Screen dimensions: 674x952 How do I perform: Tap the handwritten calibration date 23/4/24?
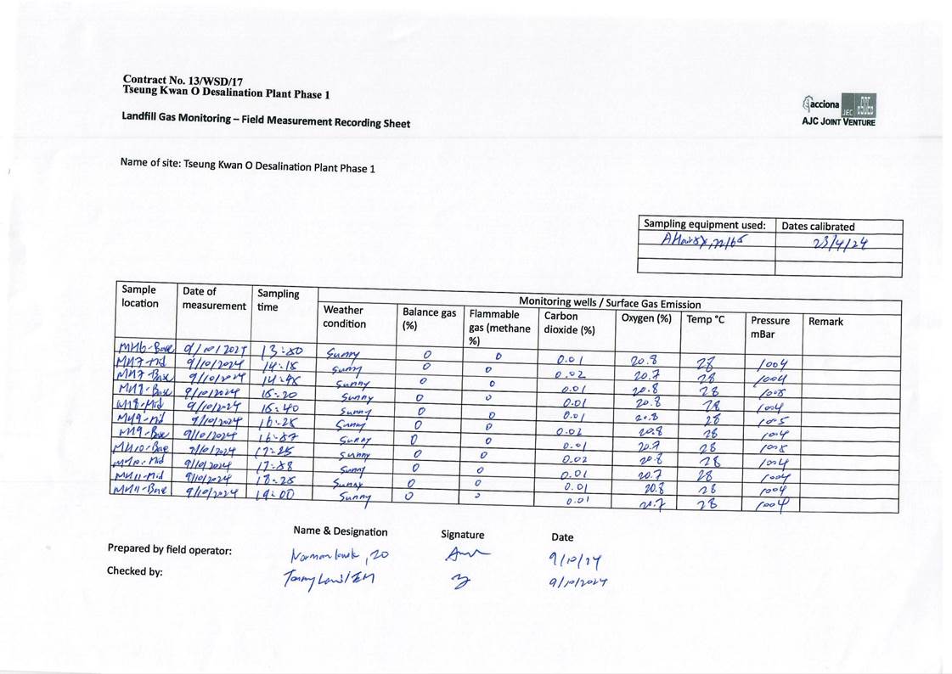pos(838,244)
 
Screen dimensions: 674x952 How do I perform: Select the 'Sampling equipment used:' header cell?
pos(705,225)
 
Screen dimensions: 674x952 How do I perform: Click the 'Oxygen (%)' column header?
pos(646,318)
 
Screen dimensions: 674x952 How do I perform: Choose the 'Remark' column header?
pos(826,323)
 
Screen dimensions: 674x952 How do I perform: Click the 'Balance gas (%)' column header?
pos(429,318)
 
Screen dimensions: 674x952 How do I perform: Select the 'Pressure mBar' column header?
pos(770,328)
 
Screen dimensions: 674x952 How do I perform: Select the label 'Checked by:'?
pos(134,571)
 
